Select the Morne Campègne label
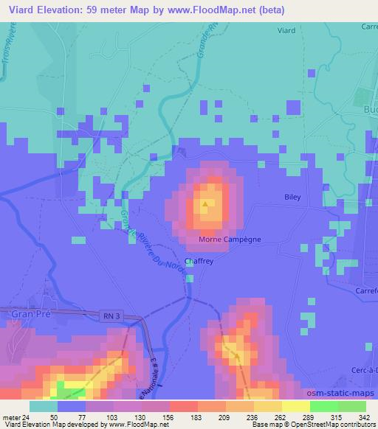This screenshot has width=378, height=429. click(229, 240)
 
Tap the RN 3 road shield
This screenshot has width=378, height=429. click(109, 315)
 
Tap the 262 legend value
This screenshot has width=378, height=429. click(279, 416)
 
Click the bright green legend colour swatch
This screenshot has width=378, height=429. click(325, 406)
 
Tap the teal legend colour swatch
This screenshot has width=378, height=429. click(44, 406)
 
